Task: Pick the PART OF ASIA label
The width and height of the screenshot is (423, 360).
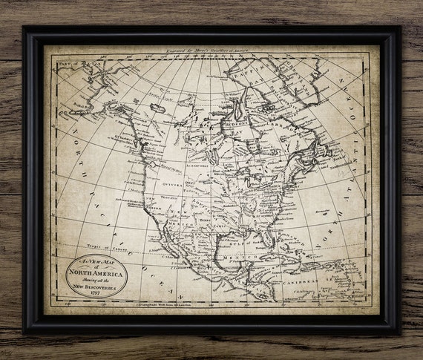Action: pos(70,64)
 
